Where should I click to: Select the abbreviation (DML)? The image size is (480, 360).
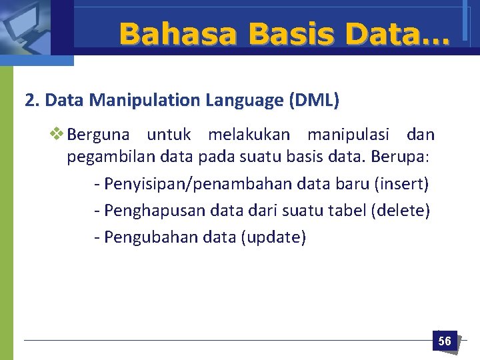coord(314,101)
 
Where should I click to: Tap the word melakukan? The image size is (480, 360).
coord(249,135)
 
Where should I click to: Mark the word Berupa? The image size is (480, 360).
coord(403,159)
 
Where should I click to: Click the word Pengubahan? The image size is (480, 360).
coord(145,237)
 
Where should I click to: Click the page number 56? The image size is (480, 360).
coord(444,341)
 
